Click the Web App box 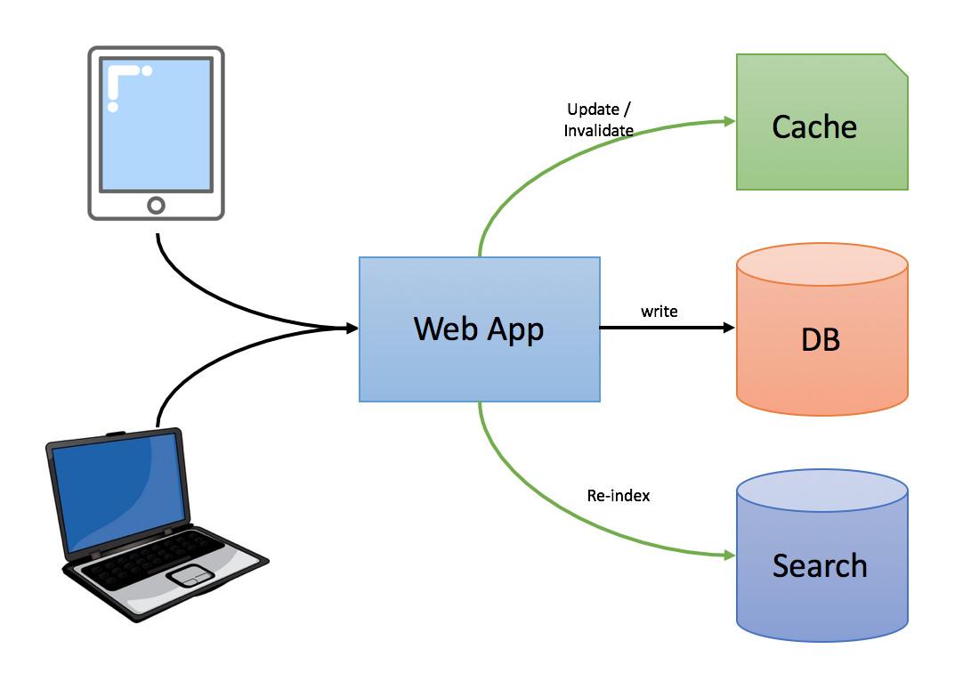point(479,329)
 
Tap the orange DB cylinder point(821,338)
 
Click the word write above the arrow point(659,312)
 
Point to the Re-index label point(619,496)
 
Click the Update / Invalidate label point(599,120)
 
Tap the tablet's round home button point(156,206)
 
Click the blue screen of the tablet point(156,125)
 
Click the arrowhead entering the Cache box point(729,121)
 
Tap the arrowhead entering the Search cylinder point(729,556)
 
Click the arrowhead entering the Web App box point(352,329)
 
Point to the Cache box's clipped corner point(897,64)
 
